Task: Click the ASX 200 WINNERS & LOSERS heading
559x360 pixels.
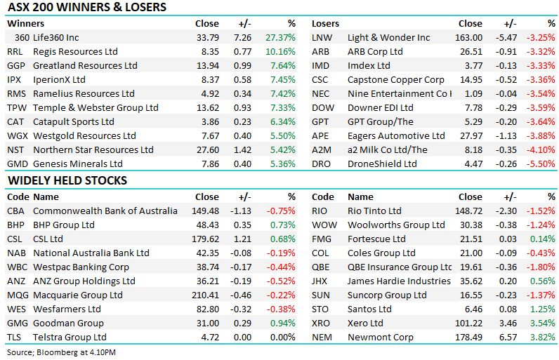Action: click(x=87, y=8)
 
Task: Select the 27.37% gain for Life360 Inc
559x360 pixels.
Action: click(x=280, y=38)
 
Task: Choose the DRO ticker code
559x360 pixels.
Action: click(x=322, y=164)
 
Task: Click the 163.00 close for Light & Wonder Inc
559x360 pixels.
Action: click(x=469, y=38)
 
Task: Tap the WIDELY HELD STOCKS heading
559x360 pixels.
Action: click(x=67, y=181)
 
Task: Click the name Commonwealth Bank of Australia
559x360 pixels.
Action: click(x=105, y=211)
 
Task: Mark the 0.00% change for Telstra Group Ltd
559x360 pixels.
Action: click(x=281, y=338)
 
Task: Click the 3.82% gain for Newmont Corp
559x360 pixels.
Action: click(x=542, y=338)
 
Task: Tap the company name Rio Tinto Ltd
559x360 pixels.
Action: click(x=374, y=211)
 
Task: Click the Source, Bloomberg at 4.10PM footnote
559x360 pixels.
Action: click(x=62, y=351)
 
